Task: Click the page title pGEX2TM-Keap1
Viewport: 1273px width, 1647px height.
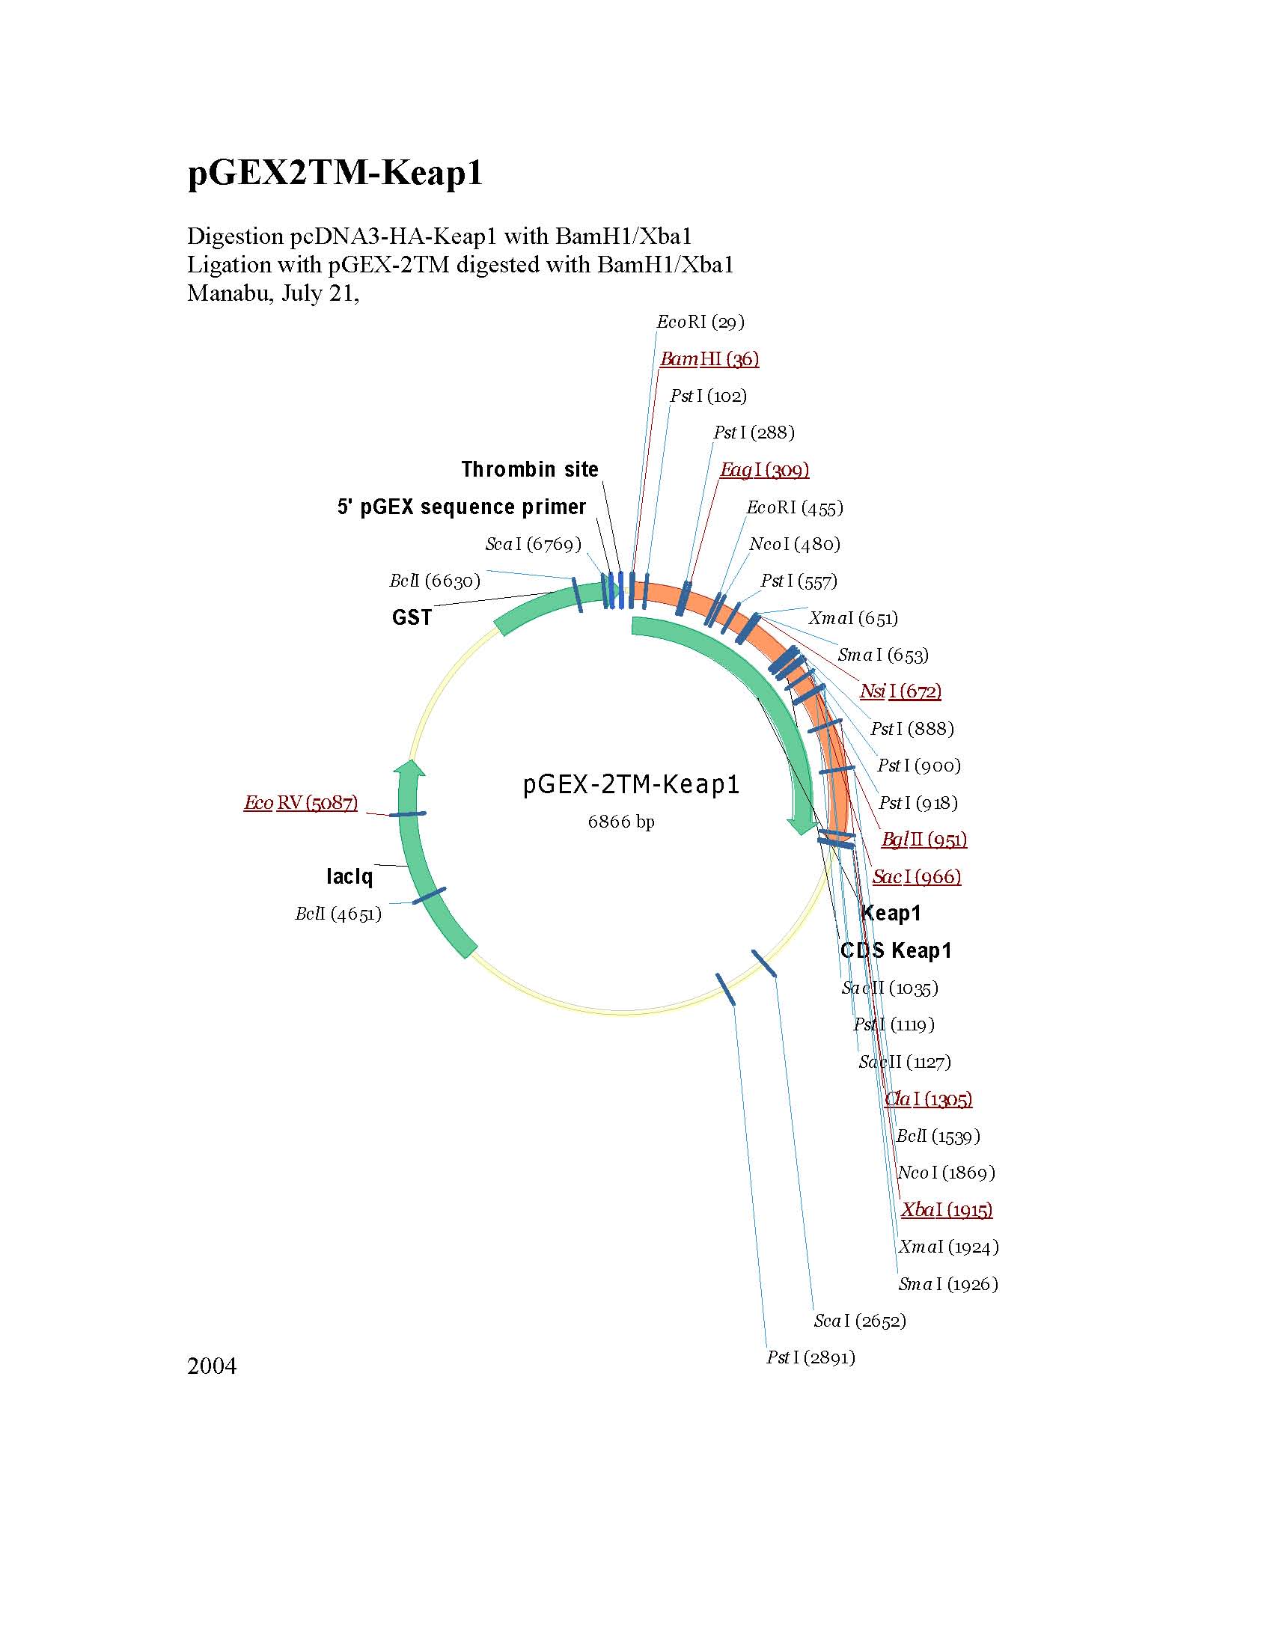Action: [x=335, y=173]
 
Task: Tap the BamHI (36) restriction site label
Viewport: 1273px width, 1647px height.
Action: [x=709, y=359]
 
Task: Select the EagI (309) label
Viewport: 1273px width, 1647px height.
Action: [x=764, y=470]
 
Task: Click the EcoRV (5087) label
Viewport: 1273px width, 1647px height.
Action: [x=300, y=802]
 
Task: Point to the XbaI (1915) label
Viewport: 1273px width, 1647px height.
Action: [x=947, y=1209]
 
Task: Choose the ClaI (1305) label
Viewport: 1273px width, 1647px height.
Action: [x=927, y=1098]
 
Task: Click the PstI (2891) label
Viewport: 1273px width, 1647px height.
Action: [x=810, y=1357]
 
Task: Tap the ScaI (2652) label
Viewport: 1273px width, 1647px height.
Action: [x=860, y=1321]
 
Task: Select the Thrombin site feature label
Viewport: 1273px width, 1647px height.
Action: [x=529, y=470]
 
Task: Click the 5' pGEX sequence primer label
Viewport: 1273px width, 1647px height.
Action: [x=462, y=507]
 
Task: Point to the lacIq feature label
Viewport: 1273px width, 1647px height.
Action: [x=349, y=876]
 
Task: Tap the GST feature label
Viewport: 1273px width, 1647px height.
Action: [x=412, y=617]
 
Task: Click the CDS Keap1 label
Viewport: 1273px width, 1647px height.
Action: [x=896, y=950]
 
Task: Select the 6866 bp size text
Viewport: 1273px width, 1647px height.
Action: [x=620, y=821]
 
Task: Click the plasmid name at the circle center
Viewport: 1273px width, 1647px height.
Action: [x=630, y=785]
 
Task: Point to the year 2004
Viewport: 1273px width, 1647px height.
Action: [x=212, y=1366]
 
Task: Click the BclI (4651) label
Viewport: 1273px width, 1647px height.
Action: [x=338, y=914]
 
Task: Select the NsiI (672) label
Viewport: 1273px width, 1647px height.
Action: [x=900, y=691]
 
